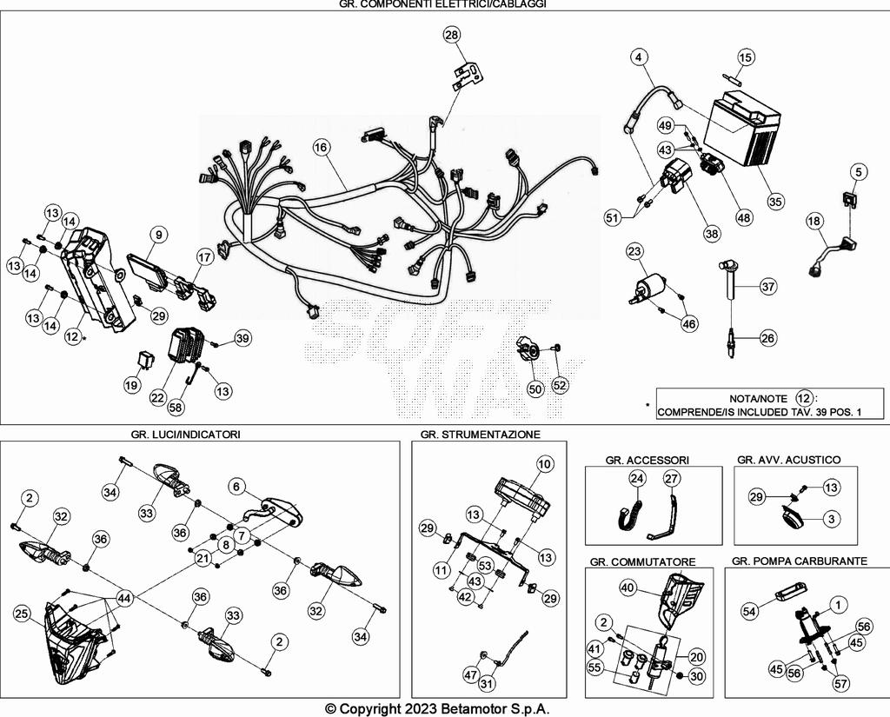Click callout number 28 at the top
[451, 35]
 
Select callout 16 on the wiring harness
[321, 148]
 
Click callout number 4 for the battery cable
[639, 57]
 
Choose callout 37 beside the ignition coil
[768, 286]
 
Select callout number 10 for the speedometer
[544, 464]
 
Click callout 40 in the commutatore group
[627, 588]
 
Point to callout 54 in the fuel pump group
[750, 612]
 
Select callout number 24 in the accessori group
[637, 478]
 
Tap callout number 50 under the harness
[535, 389]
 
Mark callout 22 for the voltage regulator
[157, 396]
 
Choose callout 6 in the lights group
[236, 487]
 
